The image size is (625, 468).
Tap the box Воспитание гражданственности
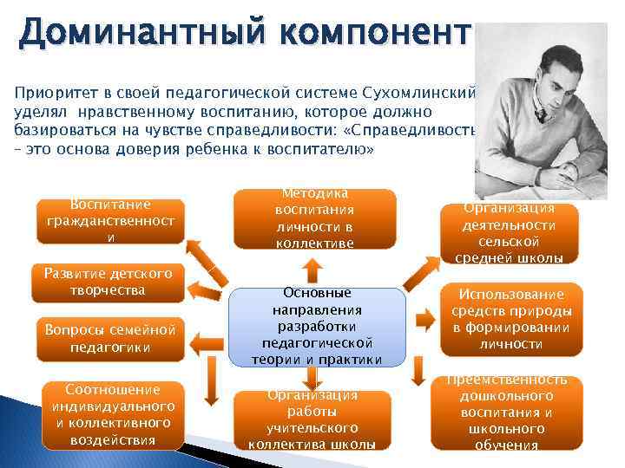point(110,221)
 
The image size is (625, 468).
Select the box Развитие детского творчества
point(109,282)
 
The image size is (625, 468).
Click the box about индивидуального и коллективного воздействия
point(110,415)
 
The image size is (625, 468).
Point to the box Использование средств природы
point(509,319)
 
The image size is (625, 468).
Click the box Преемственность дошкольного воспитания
point(509,413)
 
